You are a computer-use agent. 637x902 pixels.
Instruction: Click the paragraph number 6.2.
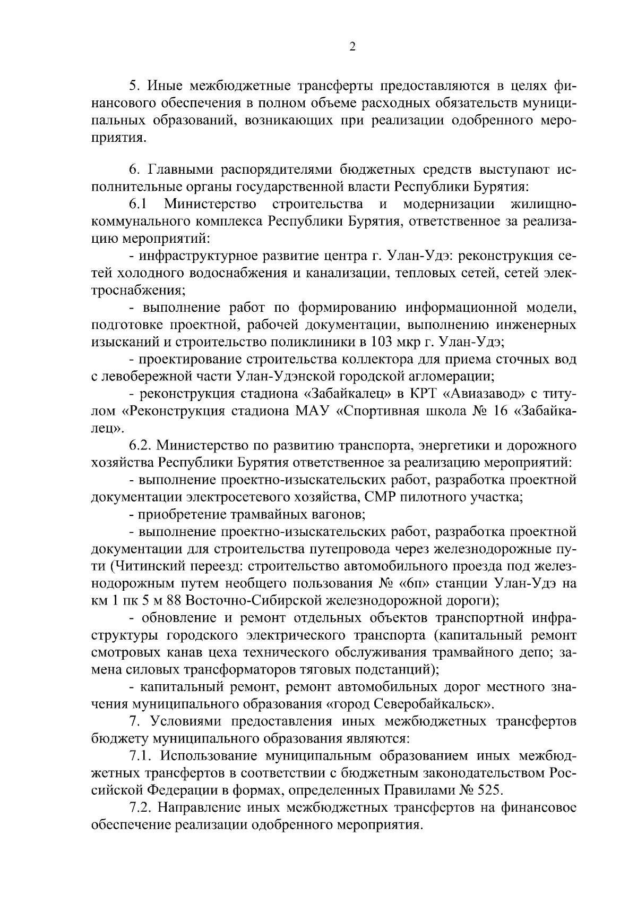point(142,446)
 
